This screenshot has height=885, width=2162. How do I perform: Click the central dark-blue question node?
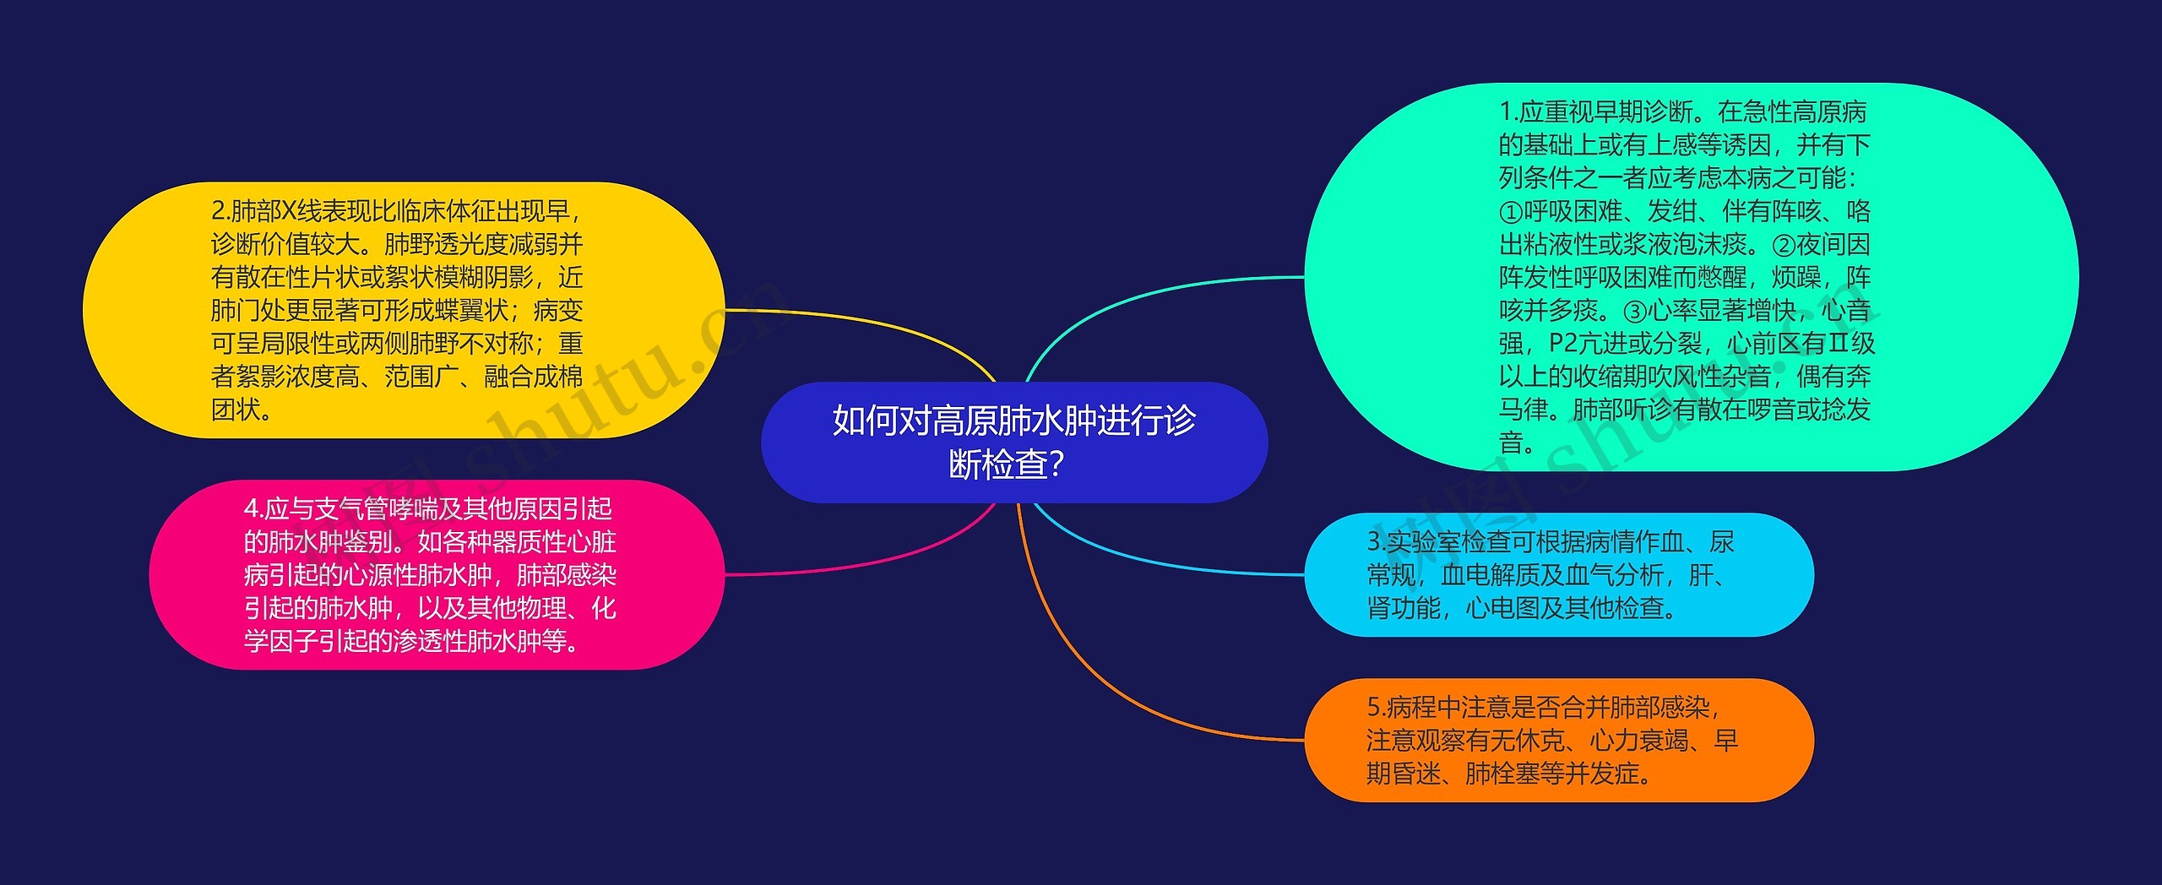(x=1013, y=442)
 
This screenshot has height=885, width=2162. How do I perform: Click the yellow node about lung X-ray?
(x=404, y=310)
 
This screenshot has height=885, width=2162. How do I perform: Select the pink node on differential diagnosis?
(x=437, y=574)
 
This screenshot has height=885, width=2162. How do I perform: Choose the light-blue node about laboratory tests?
(x=1558, y=574)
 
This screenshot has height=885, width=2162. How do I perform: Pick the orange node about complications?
(x=1558, y=740)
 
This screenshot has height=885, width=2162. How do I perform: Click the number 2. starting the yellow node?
(x=220, y=211)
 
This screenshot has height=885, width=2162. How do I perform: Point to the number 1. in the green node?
(x=1508, y=112)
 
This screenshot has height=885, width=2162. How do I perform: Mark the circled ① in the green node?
(x=1511, y=212)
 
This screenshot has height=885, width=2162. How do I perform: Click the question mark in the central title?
(x=1056, y=464)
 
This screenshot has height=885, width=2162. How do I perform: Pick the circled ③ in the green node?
(x=1635, y=312)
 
